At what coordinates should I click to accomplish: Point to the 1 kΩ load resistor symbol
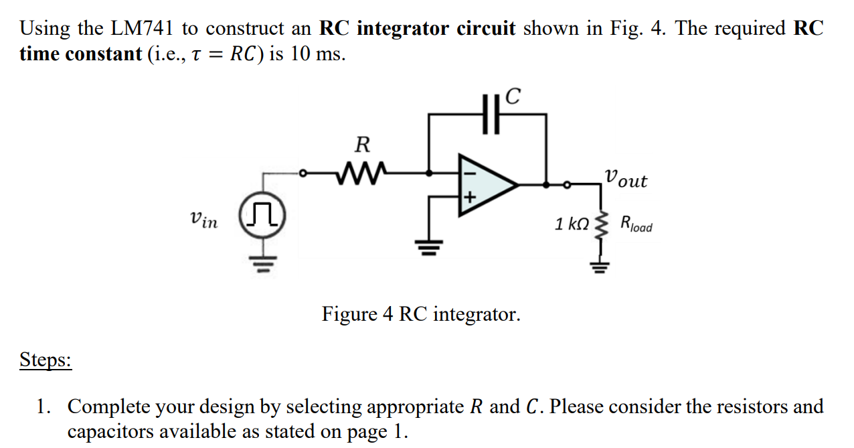click(600, 226)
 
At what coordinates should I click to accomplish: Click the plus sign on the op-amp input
click(469, 197)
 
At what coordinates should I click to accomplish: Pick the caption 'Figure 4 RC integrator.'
click(420, 313)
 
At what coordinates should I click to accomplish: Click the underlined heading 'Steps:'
click(45, 360)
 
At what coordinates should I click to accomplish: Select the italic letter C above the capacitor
click(512, 97)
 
